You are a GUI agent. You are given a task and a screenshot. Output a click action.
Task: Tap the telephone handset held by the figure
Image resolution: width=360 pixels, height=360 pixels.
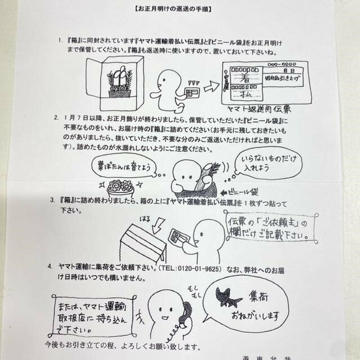(185, 315)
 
